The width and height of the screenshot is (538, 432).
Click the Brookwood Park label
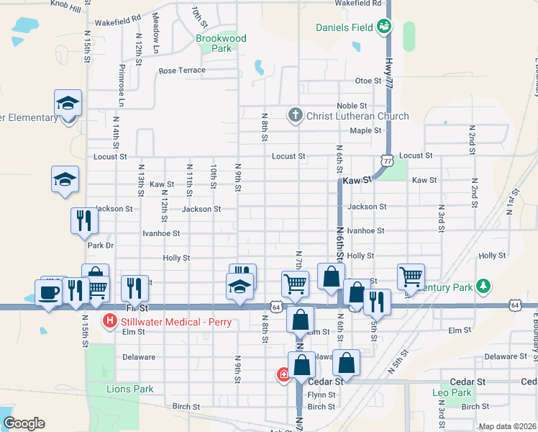click(x=221, y=43)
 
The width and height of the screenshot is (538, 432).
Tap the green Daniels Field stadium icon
click(x=384, y=27)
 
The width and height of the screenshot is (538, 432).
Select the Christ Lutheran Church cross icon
click(x=295, y=115)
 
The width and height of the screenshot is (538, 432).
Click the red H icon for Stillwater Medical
click(x=110, y=321)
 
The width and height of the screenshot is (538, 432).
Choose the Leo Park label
click(x=452, y=392)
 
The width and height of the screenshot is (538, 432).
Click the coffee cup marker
click(x=49, y=293)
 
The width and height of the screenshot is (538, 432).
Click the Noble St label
click(x=357, y=106)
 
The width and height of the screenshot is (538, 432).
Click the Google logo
click(x=24, y=423)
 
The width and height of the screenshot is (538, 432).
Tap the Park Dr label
click(x=101, y=246)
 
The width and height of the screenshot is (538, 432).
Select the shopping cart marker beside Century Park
click(x=410, y=276)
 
